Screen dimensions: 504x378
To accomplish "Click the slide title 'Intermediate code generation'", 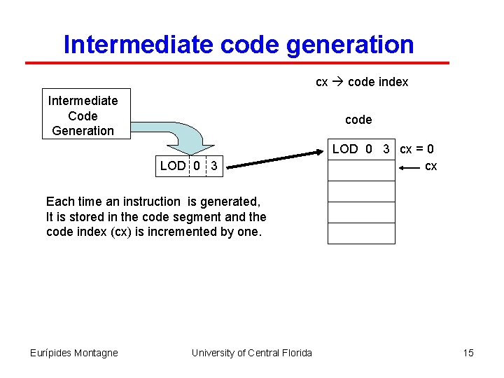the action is pyautogui.click(x=238, y=45).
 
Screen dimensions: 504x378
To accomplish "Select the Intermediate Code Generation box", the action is pyautogui.click(x=83, y=115).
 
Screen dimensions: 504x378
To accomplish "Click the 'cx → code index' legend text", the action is pyautogui.click(x=362, y=82).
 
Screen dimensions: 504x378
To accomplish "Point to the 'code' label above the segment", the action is pyautogui.click(x=358, y=120).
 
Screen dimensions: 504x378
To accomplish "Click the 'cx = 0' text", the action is pyautogui.click(x=416, y=149).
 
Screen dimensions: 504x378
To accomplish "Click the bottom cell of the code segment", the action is pyautogui.click(x=361, y=233).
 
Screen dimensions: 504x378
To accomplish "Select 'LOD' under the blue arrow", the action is pyautogui.click(x=173, y=166).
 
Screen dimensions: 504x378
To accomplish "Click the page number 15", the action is pyautogui.click(x=468, y=353).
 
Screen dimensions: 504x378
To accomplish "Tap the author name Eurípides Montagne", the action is pyautogui.click(x=73, y=353).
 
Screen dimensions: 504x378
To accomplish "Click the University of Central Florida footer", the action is pyautogui.click(x=252, y=353).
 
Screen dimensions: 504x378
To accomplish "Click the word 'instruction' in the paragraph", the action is pyautogui.click(x=151, y=202).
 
